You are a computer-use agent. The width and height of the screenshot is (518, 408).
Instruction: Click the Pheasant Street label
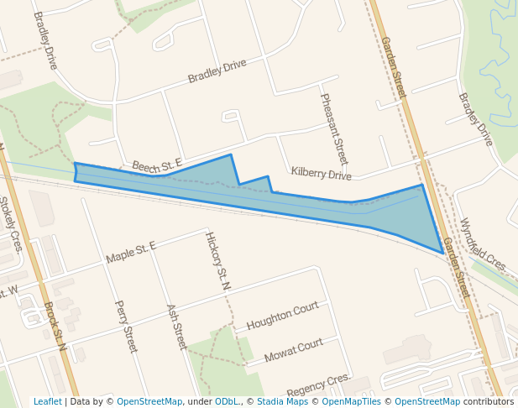click(334, 128)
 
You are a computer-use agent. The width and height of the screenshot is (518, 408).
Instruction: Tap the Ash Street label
click(176, 327)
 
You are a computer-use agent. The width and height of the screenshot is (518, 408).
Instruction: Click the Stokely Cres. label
click(13, 225)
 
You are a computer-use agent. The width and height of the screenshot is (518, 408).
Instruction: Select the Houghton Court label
click(283, 316)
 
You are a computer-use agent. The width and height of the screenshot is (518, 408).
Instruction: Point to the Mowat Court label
click(294, 349)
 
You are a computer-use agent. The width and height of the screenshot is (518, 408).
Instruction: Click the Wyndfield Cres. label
click(483, 243)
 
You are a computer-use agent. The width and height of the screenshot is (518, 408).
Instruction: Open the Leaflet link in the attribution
click(48, 401)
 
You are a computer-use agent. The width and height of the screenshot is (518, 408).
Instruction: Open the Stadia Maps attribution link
click(282, 401)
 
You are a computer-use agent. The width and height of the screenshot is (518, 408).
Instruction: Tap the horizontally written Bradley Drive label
click(217, 71)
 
